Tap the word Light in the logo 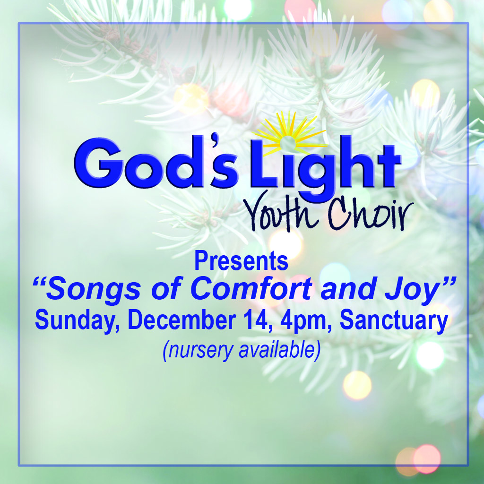coord(326,168)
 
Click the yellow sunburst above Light coord(290,133)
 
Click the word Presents coord(242,261)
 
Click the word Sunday coord(77,321)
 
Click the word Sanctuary coord(394,321)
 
